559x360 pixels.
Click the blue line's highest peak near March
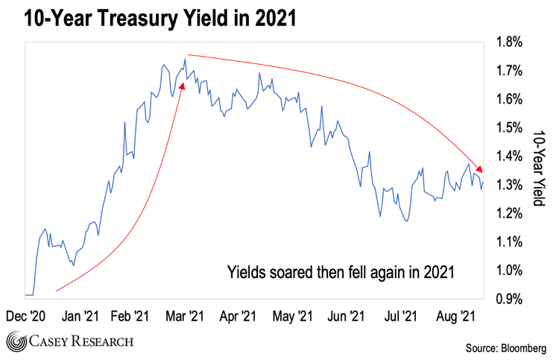coord(185,60)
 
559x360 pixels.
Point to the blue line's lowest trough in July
coord(406,221)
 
